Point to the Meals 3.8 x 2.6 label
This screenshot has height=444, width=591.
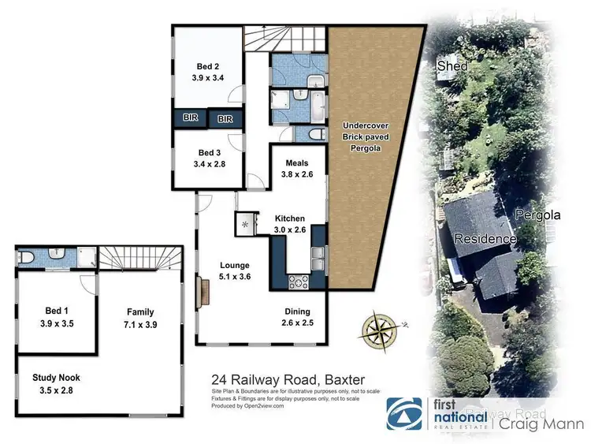(x=299, y=170)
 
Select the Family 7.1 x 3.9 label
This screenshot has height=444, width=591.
(x=139, y=318)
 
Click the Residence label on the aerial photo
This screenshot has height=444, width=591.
(x=484, y=239)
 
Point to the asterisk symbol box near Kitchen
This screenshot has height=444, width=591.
(x=245, y=225)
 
